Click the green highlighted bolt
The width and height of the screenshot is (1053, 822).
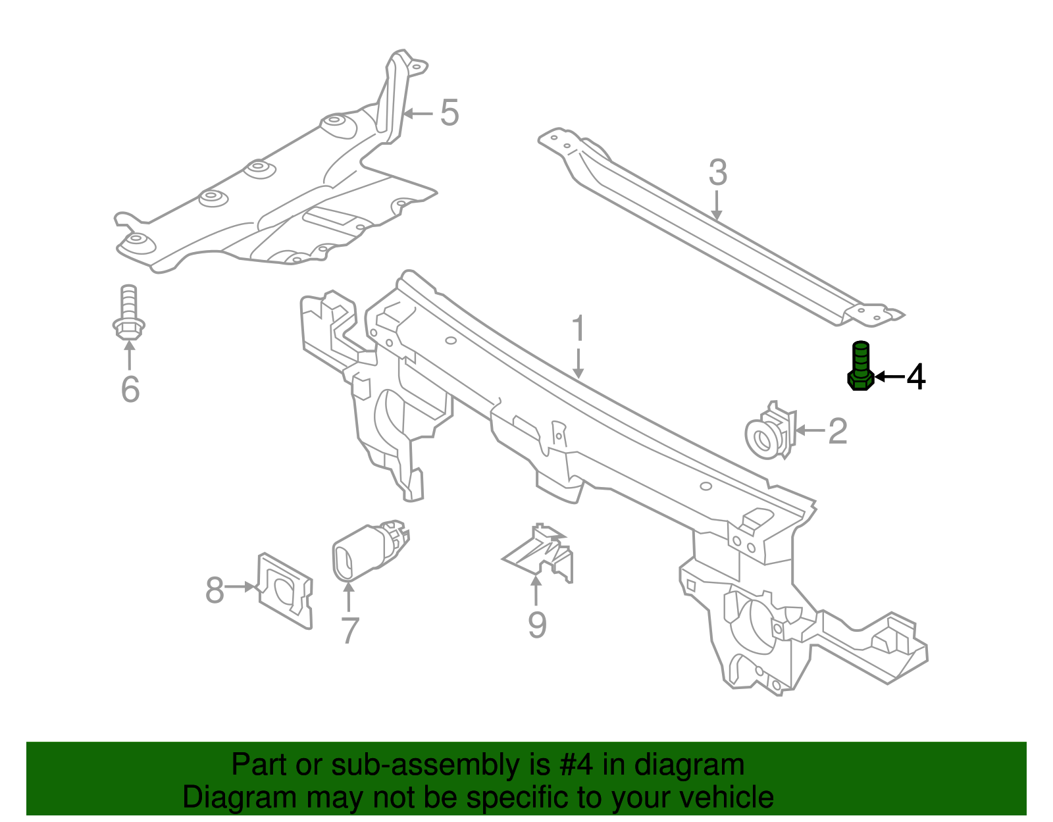tap(860, 367)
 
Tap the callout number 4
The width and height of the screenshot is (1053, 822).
tap(916, 377)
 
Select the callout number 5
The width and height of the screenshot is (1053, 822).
tap(449, 113)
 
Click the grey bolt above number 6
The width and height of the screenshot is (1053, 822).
tap(129, 313)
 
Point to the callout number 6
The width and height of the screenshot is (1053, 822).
tap(130, 389)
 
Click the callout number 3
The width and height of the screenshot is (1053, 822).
tap(717, 173)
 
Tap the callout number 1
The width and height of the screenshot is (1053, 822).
tap(578, 328)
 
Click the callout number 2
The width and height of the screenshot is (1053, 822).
tap(837, 431)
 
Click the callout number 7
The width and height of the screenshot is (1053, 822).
tap(349, 630)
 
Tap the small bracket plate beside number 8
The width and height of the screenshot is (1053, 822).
tap(284, 590)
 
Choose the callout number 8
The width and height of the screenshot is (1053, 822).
tap(215, 590)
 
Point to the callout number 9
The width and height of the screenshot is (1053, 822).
tap(537, 625)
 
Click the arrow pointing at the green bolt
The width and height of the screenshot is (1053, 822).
tap(888, 376)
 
